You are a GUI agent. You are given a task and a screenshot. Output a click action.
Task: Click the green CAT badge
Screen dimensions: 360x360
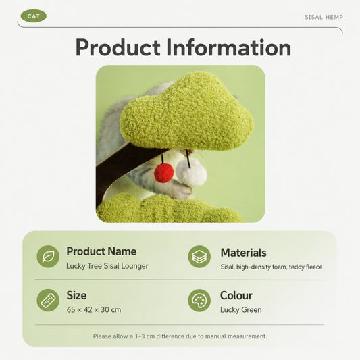click(x=34, y=16)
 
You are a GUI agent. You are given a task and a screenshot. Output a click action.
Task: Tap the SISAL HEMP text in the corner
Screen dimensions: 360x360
click(x=324, y=17)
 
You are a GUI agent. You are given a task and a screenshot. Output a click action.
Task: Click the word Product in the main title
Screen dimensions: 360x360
click(x=118, y=47)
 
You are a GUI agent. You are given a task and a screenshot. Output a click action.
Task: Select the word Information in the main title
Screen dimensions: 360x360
click(x=229, y=47)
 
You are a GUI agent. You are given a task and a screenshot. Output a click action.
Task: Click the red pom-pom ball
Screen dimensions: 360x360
click(x=164, y=173)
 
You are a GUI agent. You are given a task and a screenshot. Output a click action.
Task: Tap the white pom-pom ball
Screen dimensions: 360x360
click(x=191, y=173)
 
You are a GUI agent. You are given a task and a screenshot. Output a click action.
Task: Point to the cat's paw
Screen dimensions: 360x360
click(x=184, y=190)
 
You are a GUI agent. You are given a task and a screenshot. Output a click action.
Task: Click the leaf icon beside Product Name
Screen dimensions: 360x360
click(x=48, y=257)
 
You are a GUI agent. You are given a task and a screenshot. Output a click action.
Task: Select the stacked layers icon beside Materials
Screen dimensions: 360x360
click(x=199, y=257)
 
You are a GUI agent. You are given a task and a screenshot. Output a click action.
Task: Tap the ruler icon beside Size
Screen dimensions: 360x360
click(x=48, y=301)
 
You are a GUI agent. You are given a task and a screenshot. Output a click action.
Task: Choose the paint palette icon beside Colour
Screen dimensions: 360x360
click(x=199, y=301)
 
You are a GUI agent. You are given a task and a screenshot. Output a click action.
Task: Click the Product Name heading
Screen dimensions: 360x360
click(x=101, y=251)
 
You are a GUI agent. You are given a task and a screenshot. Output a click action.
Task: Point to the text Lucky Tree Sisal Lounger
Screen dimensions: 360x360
click(x=107, y=266)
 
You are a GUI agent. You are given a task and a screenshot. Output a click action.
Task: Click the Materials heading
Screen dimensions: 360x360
click(x=243, y=253)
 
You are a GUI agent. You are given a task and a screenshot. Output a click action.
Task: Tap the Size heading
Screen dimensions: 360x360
click(x=76, y=295)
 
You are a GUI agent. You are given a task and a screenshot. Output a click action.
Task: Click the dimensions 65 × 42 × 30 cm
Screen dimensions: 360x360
click(x=94, y=310)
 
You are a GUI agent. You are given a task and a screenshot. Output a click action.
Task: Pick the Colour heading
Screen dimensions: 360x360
click(x=236, y=295)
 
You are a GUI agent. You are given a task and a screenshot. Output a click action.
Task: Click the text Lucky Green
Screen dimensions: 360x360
click(x=241, y=310)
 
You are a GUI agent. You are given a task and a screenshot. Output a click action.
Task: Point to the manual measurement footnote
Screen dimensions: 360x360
click(x=180, y=336)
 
